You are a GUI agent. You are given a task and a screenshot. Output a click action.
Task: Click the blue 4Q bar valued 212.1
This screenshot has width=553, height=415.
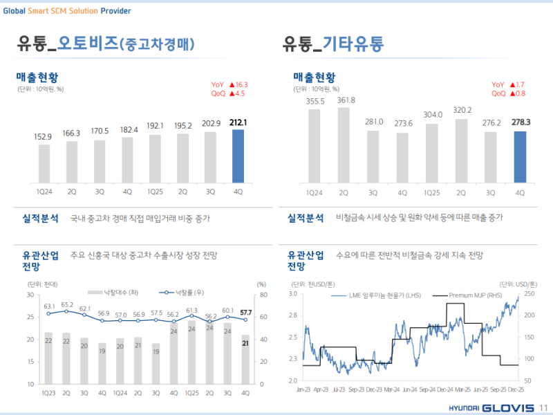238,156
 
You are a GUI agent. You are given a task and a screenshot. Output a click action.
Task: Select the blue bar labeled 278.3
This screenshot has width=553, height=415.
520,156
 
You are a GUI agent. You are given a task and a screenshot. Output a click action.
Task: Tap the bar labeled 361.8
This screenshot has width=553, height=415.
344,144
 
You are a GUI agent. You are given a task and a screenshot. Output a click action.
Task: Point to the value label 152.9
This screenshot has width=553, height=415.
44,137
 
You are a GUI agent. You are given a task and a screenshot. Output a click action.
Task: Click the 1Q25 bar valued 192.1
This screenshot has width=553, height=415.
155,158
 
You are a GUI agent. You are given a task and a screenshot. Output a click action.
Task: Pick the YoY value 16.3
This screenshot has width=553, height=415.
238,84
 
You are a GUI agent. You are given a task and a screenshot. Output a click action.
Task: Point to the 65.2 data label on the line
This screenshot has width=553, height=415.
66,304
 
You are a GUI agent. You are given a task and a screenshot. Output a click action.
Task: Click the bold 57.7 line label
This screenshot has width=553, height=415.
245,313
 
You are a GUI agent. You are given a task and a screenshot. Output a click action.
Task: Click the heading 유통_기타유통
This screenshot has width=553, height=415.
333,44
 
